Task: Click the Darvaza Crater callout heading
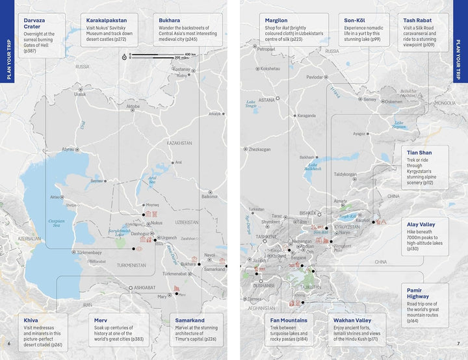[36, 23]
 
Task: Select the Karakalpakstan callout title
[112, 20]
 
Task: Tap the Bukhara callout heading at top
[170, 20]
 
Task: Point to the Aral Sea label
[152, 181]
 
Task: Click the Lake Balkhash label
[313, 167]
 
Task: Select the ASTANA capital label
[266, 100]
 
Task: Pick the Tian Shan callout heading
[419, 153]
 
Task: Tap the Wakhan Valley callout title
[352, 320]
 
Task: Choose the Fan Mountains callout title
[289, 320]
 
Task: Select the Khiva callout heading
[31, 320]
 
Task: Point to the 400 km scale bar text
[191, 54]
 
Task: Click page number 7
[458, 343]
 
